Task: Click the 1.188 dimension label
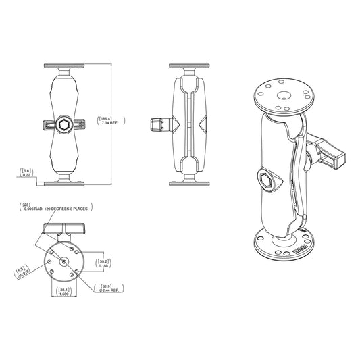coord(103,266)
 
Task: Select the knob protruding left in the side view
coord(155,124)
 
